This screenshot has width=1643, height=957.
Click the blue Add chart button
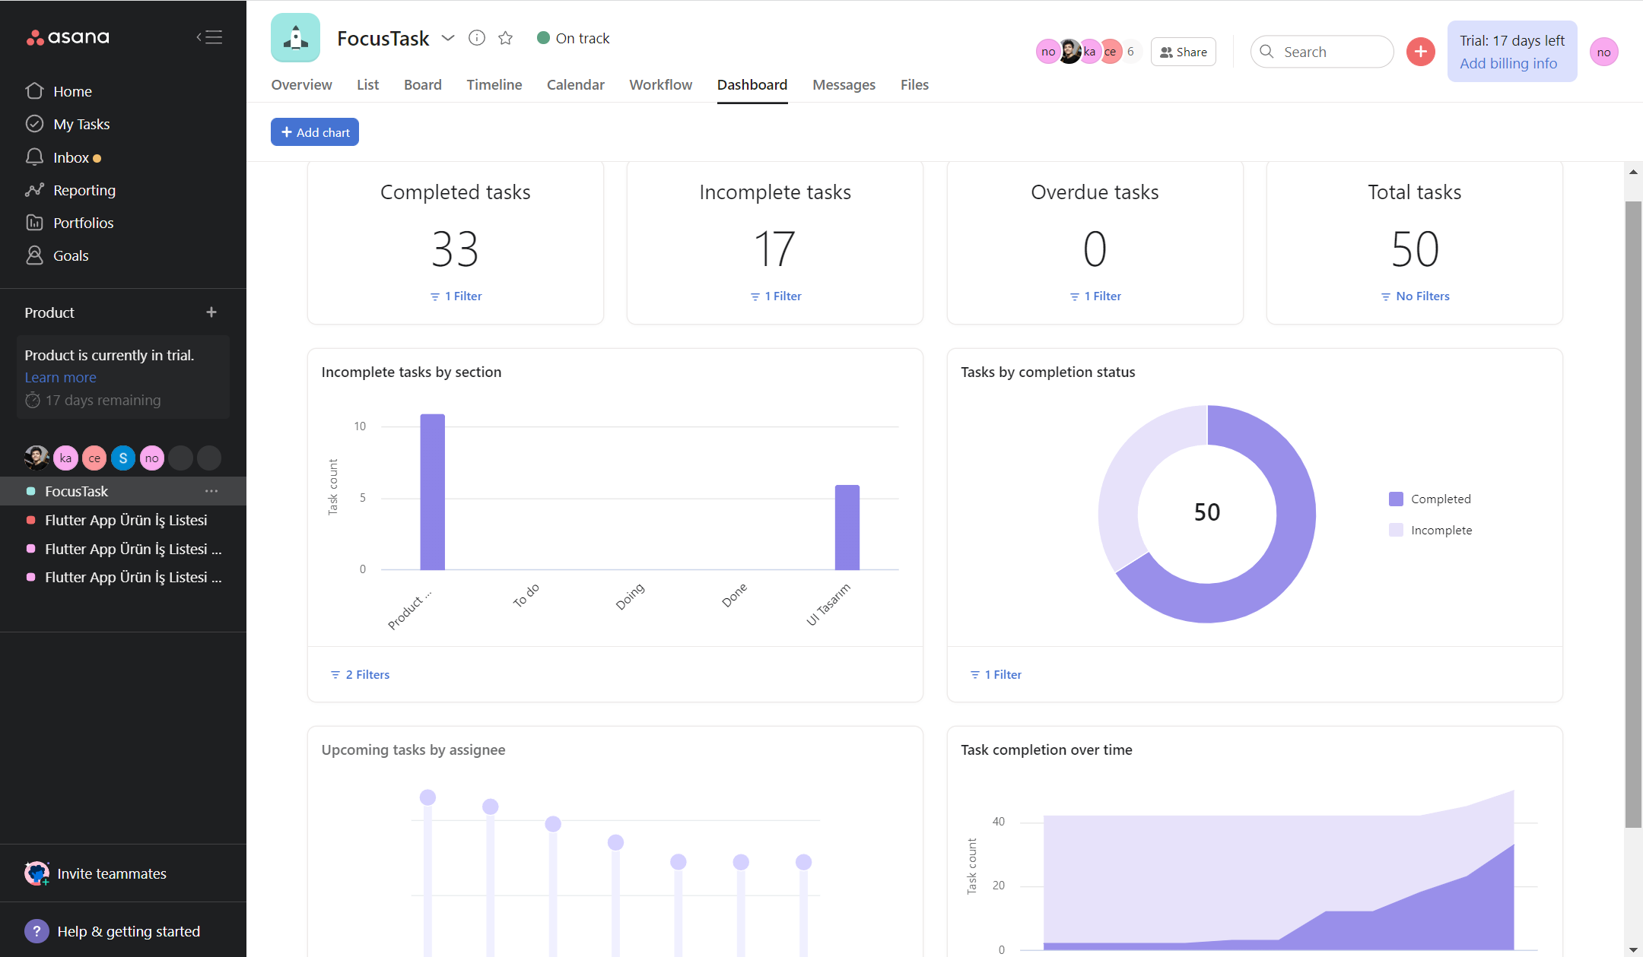coord(315,132)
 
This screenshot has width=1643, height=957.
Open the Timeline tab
coord(494,84)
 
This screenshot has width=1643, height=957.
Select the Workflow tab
coord(660,84)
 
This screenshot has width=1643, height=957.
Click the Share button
coord(1184,52)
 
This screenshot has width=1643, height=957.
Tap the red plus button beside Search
coord(1420,52)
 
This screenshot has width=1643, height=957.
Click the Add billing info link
coord(1508,64)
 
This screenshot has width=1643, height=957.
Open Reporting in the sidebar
coord(84,190)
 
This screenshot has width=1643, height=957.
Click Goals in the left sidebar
coord(71,255)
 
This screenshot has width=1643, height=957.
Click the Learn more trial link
coord(60,378)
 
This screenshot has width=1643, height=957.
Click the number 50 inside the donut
coord(1206,512)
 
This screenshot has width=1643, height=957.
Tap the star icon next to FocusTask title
coord(506,38)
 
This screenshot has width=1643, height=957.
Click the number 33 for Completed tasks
coord(455,249)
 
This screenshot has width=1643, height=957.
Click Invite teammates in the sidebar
coord(111,873)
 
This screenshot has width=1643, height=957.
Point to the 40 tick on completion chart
coord(998,822)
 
